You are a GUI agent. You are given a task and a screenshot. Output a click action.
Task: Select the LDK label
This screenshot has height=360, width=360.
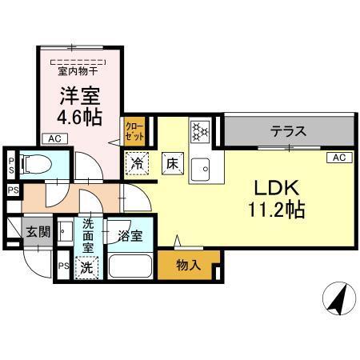[x=277, y=189]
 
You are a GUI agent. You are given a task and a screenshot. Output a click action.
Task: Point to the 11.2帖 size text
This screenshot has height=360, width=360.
[x=276, y=211]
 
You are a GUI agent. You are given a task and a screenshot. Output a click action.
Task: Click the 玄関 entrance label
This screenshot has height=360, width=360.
[x=38, y=233]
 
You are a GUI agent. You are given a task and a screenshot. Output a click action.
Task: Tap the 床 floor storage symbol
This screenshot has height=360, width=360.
[x=171, y=162]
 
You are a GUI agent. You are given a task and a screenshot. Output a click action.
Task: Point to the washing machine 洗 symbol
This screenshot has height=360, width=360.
[x=86, y=267]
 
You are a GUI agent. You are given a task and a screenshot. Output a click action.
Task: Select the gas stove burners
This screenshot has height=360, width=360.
[x=198, y=130]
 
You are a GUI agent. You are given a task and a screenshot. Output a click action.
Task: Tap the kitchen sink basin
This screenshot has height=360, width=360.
[x=204, y=167]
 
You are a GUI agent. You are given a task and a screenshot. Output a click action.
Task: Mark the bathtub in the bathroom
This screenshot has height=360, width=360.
[x=130, y=266]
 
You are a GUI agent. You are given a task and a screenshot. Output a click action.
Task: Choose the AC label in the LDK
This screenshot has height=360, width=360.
[x=336, y=158]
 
